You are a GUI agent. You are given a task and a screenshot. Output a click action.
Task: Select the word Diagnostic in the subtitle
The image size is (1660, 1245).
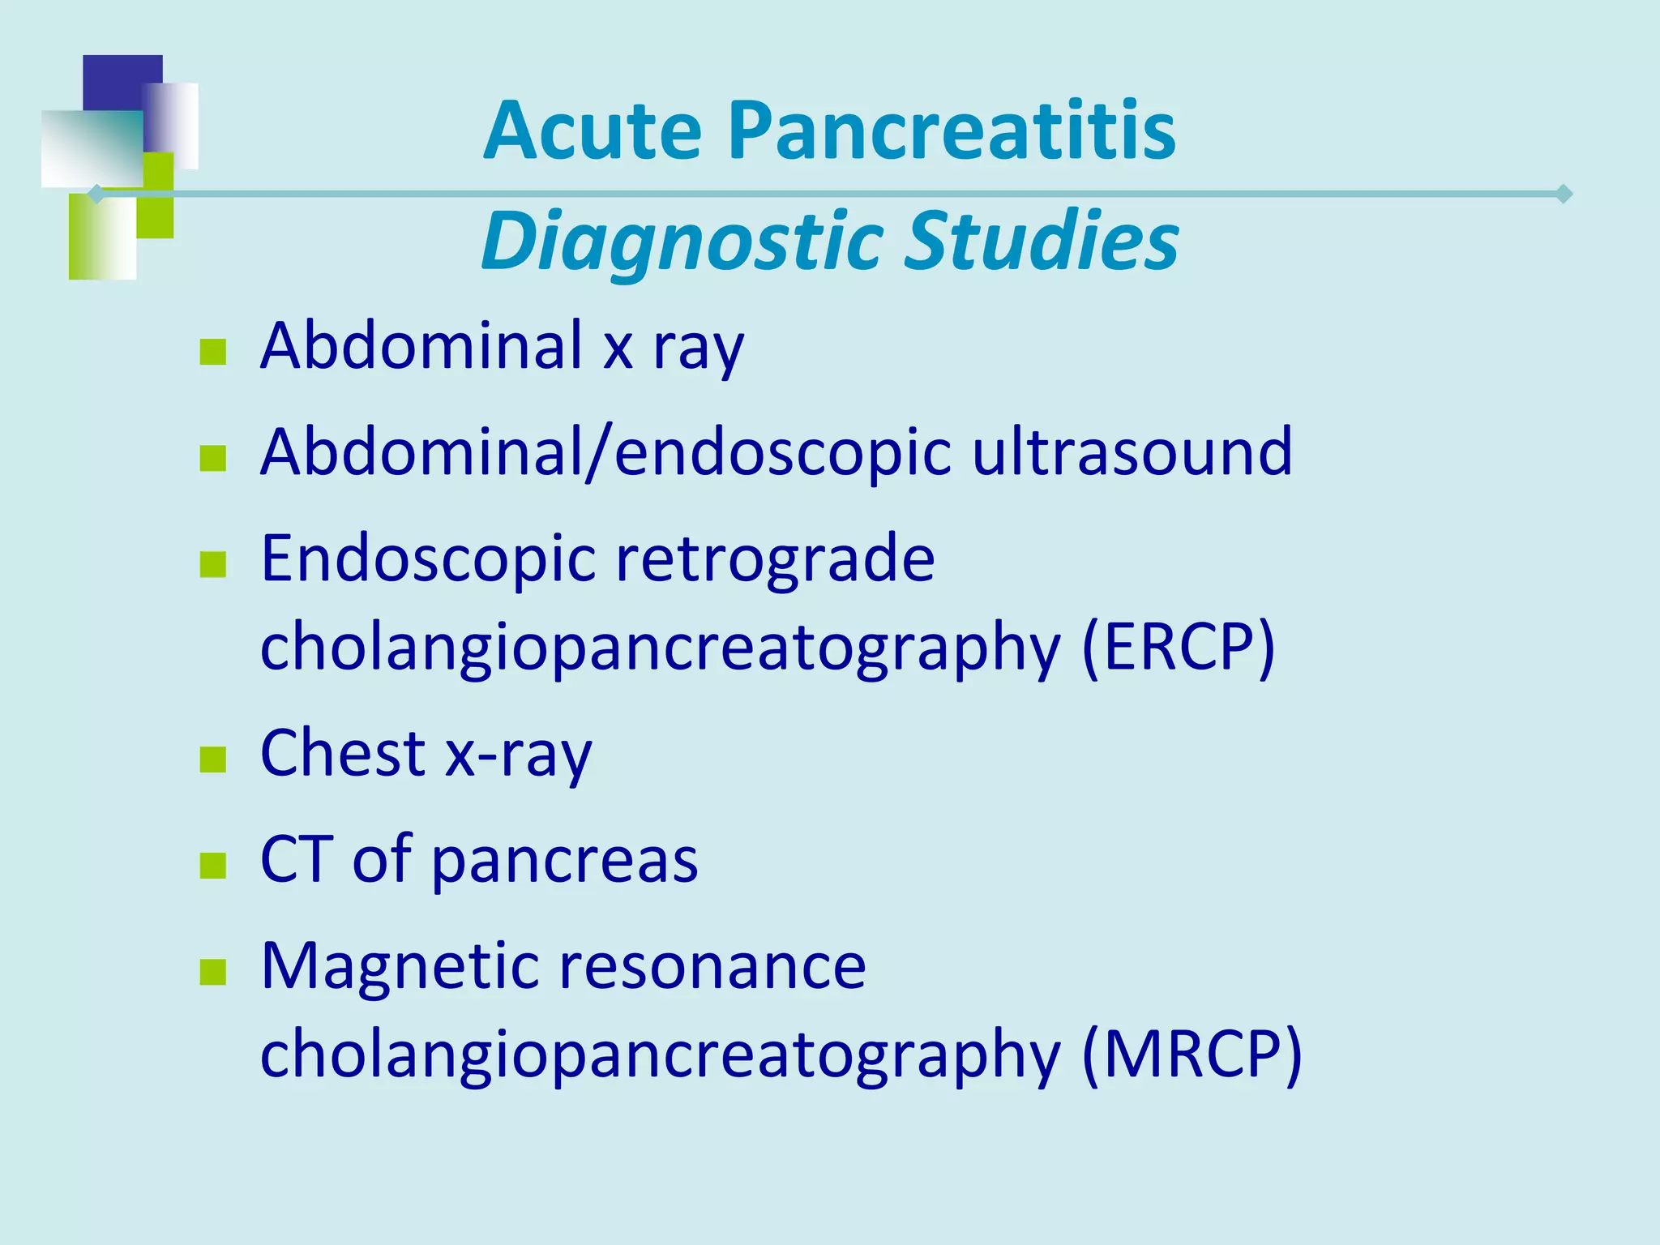pos(682,241)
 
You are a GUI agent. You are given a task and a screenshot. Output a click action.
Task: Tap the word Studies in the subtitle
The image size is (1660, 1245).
pos(1041,241)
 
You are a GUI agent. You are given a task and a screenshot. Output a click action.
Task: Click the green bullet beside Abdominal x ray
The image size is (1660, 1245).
pos(212,353)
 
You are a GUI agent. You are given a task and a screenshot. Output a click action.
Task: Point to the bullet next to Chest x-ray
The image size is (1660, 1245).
pos(212,759)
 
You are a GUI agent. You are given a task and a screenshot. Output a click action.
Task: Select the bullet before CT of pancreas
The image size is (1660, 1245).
pos(212,866)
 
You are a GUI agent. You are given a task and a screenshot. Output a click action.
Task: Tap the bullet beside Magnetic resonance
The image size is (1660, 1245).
pos(212,972)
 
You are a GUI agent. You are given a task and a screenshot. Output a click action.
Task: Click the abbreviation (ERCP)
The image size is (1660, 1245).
pos(1179,647)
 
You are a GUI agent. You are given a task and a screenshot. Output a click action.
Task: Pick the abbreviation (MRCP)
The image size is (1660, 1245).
pos(1192,1055)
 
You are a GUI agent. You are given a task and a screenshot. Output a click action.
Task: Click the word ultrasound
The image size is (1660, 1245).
pos(1132,451)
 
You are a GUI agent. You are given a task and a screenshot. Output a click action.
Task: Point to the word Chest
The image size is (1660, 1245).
pos(343,753)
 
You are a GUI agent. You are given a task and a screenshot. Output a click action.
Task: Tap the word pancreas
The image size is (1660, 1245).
pos(564,861)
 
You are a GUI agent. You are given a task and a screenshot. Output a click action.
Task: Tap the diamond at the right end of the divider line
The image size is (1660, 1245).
pos(1564,195)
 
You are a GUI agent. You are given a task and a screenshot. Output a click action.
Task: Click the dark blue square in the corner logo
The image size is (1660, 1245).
pos(113,81)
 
